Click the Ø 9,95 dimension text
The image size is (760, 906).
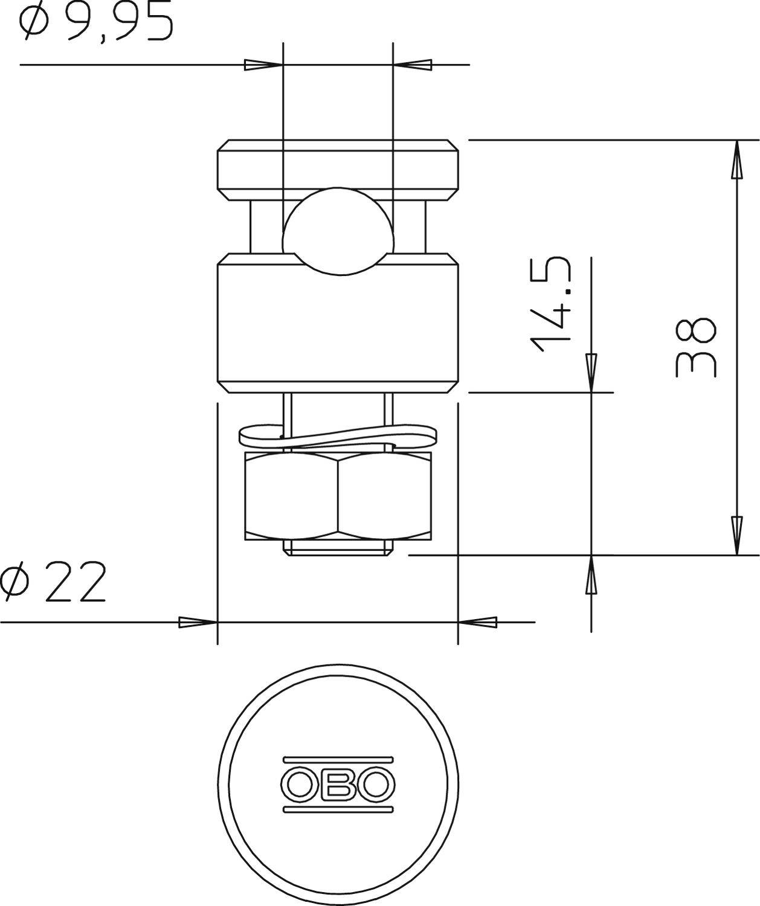pos(97,23)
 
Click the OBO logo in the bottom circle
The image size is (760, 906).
pos(338,783)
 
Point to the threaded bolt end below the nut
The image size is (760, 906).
pos(338,547)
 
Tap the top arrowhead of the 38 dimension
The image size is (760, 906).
pos(736,160)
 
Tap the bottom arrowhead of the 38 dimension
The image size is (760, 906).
pos(736,535)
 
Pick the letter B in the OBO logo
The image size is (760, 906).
pos(338,784)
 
